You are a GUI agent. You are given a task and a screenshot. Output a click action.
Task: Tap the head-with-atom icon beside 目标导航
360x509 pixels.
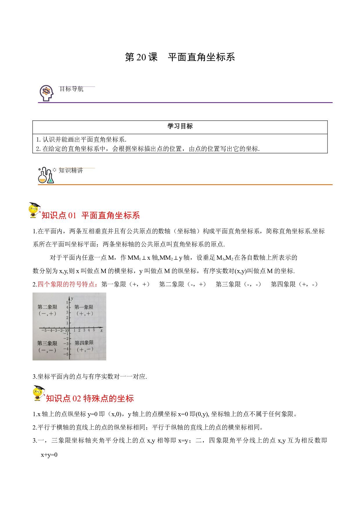point(46,93)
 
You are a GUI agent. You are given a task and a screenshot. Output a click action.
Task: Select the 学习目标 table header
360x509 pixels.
point(180,126)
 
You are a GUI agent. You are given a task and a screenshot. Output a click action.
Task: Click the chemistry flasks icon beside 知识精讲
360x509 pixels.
point(46,175)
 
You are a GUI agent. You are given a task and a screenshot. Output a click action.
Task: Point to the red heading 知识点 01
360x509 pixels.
point(59,215)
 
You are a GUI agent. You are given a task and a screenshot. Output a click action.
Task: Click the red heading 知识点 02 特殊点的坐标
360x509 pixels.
point(90,398)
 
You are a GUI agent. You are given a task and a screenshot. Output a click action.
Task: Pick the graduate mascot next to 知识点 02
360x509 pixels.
point(39,393)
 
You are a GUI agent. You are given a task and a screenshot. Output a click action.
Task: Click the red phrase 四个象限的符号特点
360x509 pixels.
point(68,284)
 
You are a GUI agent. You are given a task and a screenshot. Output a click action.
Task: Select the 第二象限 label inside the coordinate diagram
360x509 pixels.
point(47,307)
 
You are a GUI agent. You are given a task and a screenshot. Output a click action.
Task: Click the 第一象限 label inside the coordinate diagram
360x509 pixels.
point(84,307)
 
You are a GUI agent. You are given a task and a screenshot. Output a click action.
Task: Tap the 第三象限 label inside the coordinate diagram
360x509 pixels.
point(47,343)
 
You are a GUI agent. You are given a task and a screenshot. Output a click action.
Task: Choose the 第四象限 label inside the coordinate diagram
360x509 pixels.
point(84,343)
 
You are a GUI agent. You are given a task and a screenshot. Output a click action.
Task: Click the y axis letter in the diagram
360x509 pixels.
point(72,298)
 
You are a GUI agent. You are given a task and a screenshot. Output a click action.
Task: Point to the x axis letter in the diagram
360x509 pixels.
point(101,330)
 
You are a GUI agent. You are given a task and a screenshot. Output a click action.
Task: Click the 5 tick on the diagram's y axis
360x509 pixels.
point(67,303)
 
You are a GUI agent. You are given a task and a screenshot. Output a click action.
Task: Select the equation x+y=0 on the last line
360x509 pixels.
point(49,455)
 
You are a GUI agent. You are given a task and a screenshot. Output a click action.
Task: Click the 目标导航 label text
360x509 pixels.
point(71,89)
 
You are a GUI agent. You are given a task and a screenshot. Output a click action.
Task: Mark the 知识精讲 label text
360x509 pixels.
point(71,170)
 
